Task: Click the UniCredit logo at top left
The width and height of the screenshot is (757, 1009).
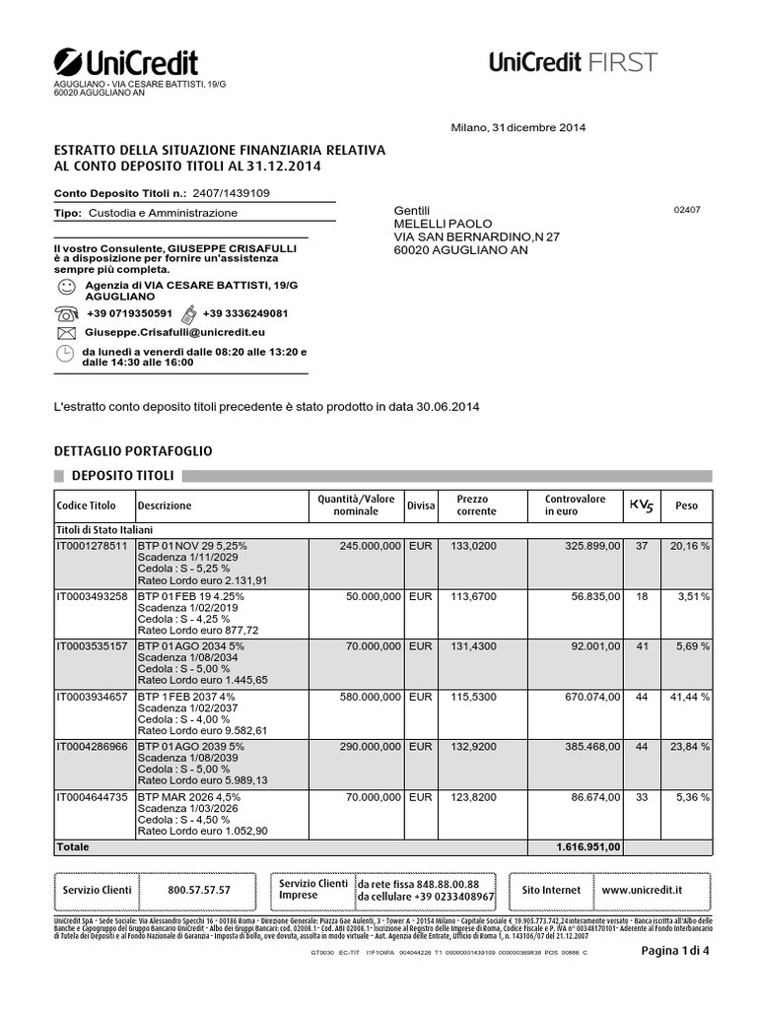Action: tap(125, 62)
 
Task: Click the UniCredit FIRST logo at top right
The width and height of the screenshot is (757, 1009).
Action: tap(573, 62)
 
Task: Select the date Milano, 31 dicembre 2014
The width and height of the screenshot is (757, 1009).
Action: tap(517, 127)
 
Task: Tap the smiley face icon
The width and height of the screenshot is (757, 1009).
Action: tap(66, 287)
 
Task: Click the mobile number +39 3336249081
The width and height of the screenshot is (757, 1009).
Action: tap(245, 313)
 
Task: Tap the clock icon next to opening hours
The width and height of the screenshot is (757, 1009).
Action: tap(66, 355)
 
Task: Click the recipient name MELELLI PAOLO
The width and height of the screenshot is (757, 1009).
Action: tap(443, 224)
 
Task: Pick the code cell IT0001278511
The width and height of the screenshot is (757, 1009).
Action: tap(93, 545)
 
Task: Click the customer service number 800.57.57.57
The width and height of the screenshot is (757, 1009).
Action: tap(199, 890)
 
